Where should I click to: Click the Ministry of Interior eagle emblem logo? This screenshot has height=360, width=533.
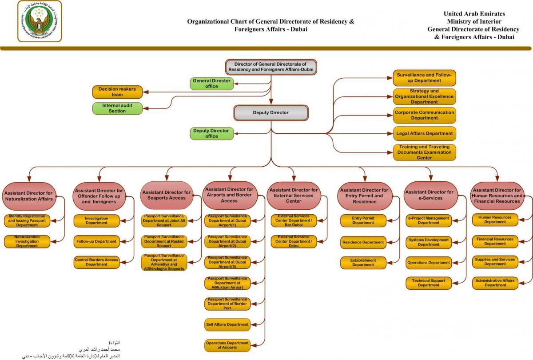(40, 21)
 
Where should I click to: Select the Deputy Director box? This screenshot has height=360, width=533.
(270, 113)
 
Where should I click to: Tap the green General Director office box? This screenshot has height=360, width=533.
(212, 84)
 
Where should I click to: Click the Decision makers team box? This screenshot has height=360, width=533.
(117, 92)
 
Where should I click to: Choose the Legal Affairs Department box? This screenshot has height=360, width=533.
(424, 133)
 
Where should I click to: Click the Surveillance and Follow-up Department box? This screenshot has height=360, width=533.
(424, 78)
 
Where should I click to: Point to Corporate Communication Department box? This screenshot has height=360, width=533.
(424, 116)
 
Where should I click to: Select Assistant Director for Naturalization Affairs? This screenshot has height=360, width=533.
(29, 196)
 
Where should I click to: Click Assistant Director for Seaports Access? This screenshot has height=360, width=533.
(167, 195)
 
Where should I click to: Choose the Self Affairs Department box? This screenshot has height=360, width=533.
(227, 324)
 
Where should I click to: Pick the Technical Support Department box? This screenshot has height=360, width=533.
(428, 283)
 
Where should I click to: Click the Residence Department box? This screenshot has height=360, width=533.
(363, 243)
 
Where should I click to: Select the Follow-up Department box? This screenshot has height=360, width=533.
(96, 242)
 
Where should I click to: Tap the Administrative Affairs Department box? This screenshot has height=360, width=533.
(495, 283)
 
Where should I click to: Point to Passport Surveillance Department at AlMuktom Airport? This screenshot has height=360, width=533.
(227, 283)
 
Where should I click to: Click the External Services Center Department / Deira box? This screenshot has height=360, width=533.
(294, 242)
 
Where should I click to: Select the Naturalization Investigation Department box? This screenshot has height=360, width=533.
(27, 242)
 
